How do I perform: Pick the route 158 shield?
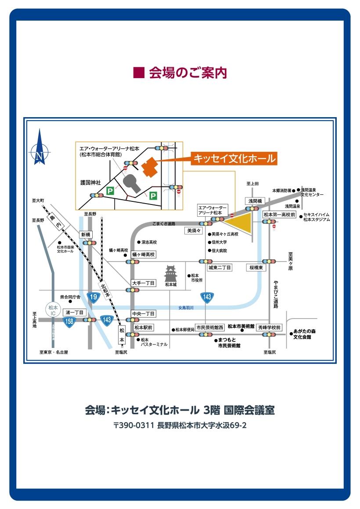68,321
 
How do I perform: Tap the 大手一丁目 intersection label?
144,283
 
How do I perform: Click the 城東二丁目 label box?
220,267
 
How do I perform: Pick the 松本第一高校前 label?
280,215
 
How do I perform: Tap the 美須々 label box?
194,230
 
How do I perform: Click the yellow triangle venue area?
241,224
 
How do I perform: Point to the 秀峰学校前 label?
269,327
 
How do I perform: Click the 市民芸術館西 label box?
210,327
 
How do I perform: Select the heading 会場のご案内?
180,73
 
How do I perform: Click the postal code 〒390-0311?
133,425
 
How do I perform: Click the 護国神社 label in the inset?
90,182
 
